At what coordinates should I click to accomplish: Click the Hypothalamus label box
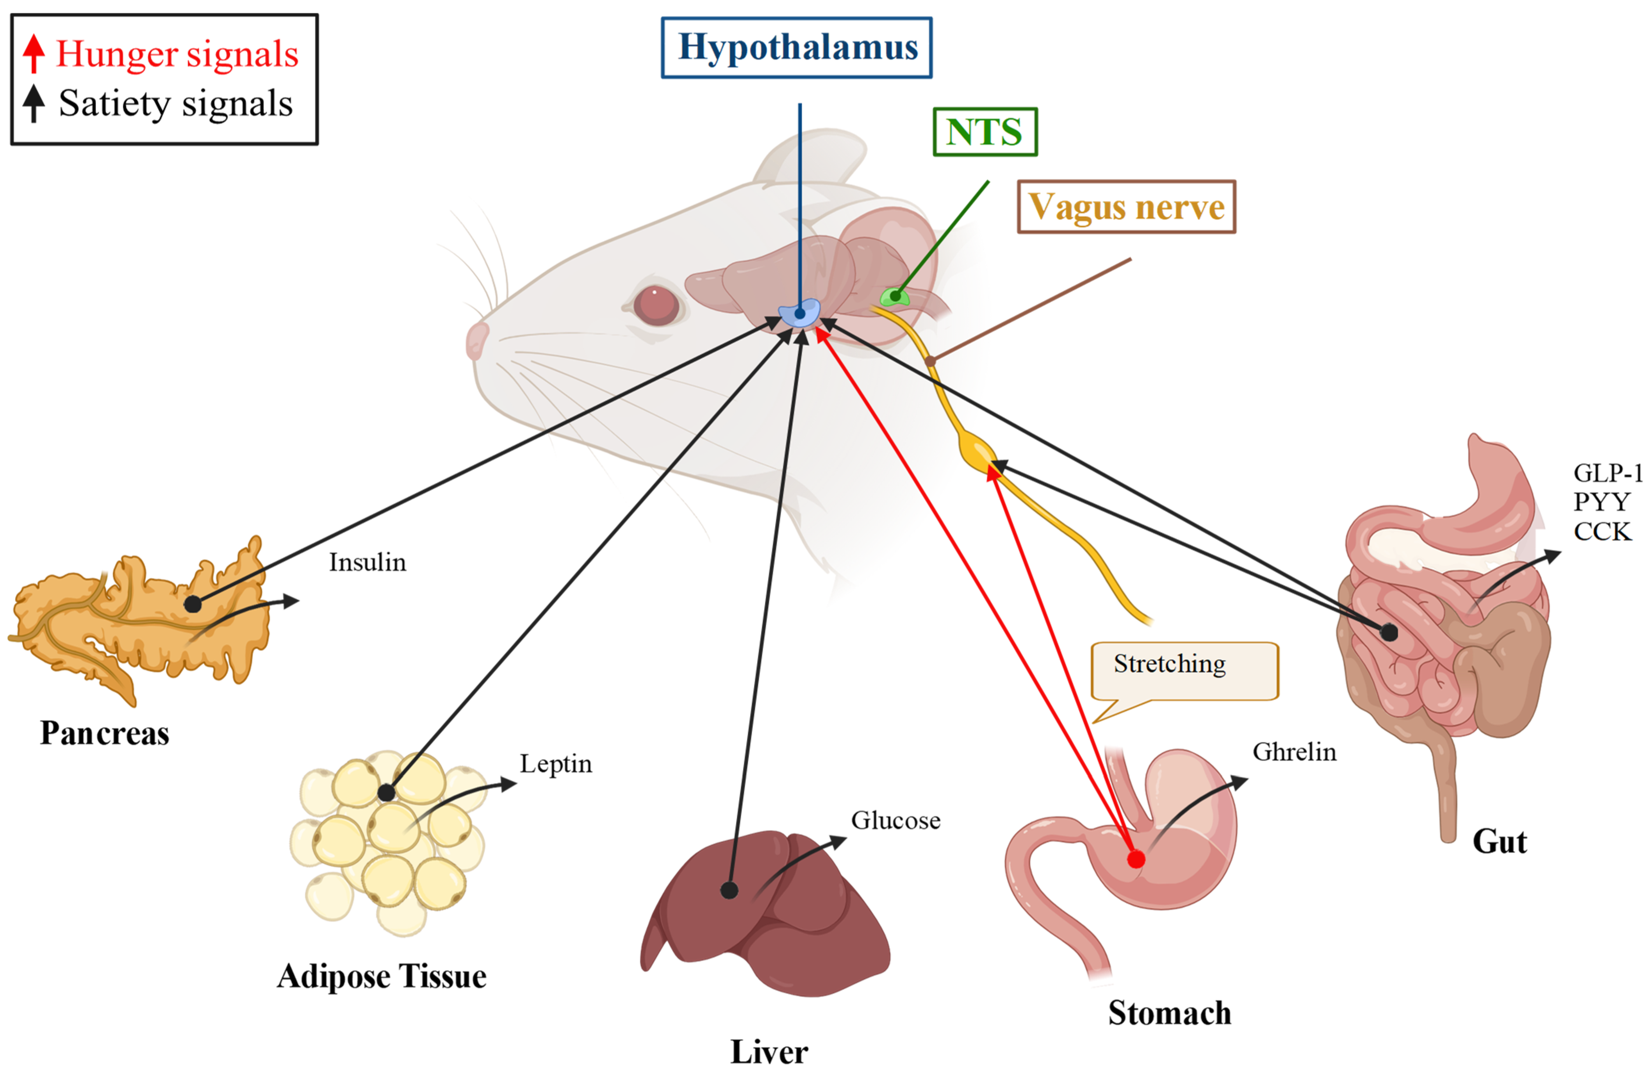point(796,48)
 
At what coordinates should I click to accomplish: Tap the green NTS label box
point(985,132)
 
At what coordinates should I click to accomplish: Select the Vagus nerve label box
point(1126,207)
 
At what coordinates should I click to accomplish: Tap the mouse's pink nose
point(476,339)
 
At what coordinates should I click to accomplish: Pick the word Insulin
point(367,562)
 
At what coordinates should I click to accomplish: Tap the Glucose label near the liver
point(895,821)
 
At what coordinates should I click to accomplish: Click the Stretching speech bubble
point(1184,670)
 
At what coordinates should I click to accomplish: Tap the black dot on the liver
point(729,890)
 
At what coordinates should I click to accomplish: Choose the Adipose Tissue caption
point(382,976)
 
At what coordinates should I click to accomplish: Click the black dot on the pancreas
point(193,604)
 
